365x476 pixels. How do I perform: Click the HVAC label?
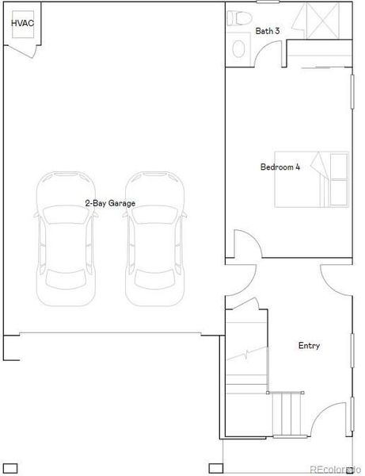tap(22, 24)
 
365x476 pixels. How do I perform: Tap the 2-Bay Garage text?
tap(110, 203)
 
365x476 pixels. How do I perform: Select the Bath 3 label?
tap(268, 32)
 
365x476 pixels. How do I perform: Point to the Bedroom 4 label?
tap(280, 167)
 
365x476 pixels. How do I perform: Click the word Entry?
tap(309, 345)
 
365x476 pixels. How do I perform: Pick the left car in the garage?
tap(66, 238)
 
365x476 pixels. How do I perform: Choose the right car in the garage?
tap(156, 238)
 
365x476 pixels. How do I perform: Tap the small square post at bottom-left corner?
tap(10, 468)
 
